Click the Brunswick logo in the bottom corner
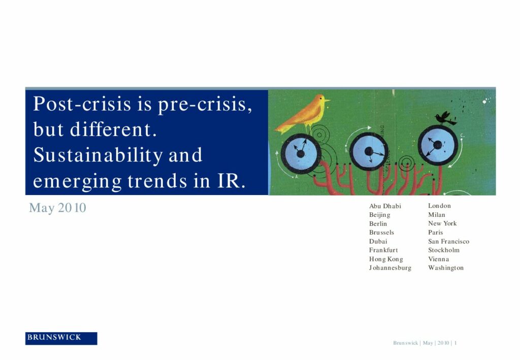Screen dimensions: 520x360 point(61,338)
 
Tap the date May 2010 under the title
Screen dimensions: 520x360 point(58,208)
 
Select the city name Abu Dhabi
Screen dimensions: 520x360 point(385,206)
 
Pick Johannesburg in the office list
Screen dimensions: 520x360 point(390,268)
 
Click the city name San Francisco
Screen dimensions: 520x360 point(449,241)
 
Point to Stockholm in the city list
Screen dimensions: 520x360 point(444,250)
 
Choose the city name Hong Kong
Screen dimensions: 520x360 point(386,259)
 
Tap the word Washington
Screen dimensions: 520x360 point(446,268)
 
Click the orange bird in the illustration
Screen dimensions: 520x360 point(303,113)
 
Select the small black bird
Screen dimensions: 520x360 point(445,118)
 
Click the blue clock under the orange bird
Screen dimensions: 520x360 point(301,153)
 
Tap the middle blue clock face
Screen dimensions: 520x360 point(369,151)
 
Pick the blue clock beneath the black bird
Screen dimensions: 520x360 point(438,145)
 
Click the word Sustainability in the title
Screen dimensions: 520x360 point(98,155)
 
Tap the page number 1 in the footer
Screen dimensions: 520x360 point(456,343)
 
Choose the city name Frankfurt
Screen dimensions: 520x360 point(383,250)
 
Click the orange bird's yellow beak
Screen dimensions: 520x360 point(327,100)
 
